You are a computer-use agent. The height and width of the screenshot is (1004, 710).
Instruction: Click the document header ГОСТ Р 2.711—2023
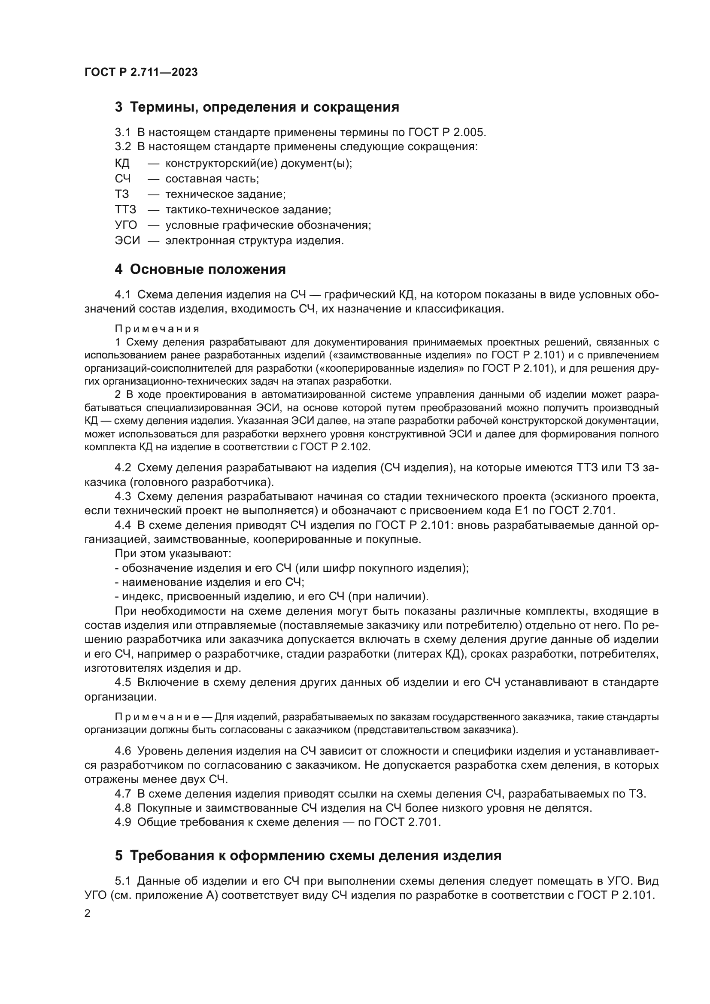(x=141, y=72)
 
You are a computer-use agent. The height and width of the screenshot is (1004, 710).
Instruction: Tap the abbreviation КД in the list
(x=122, y=164)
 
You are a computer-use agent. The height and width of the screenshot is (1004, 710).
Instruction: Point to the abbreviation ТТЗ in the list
(x=125, y=209)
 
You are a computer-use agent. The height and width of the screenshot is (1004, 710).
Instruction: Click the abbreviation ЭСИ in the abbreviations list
(x=127, y=240)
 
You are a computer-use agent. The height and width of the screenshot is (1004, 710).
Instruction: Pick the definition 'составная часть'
(x=212, y=179)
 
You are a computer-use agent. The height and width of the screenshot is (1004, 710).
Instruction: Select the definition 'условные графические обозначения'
(x=268, y=225)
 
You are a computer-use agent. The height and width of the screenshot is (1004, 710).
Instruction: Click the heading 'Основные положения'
(x=208, y=270)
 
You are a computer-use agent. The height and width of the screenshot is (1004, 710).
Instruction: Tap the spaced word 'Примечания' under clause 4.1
(x=157, y=328)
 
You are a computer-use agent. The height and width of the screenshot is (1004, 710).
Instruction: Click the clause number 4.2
(x=123, y=468)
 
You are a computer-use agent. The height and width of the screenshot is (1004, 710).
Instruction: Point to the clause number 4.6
(x=123, y=751)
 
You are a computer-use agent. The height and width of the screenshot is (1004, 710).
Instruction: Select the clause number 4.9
(x=123, y=822)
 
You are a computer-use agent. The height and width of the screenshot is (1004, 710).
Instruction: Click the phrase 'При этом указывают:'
(x=173, y=554)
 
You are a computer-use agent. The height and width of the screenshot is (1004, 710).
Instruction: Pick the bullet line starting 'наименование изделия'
(x=210, y=582)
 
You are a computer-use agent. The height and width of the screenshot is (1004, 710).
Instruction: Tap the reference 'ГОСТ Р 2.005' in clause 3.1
(x=447, y=132)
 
